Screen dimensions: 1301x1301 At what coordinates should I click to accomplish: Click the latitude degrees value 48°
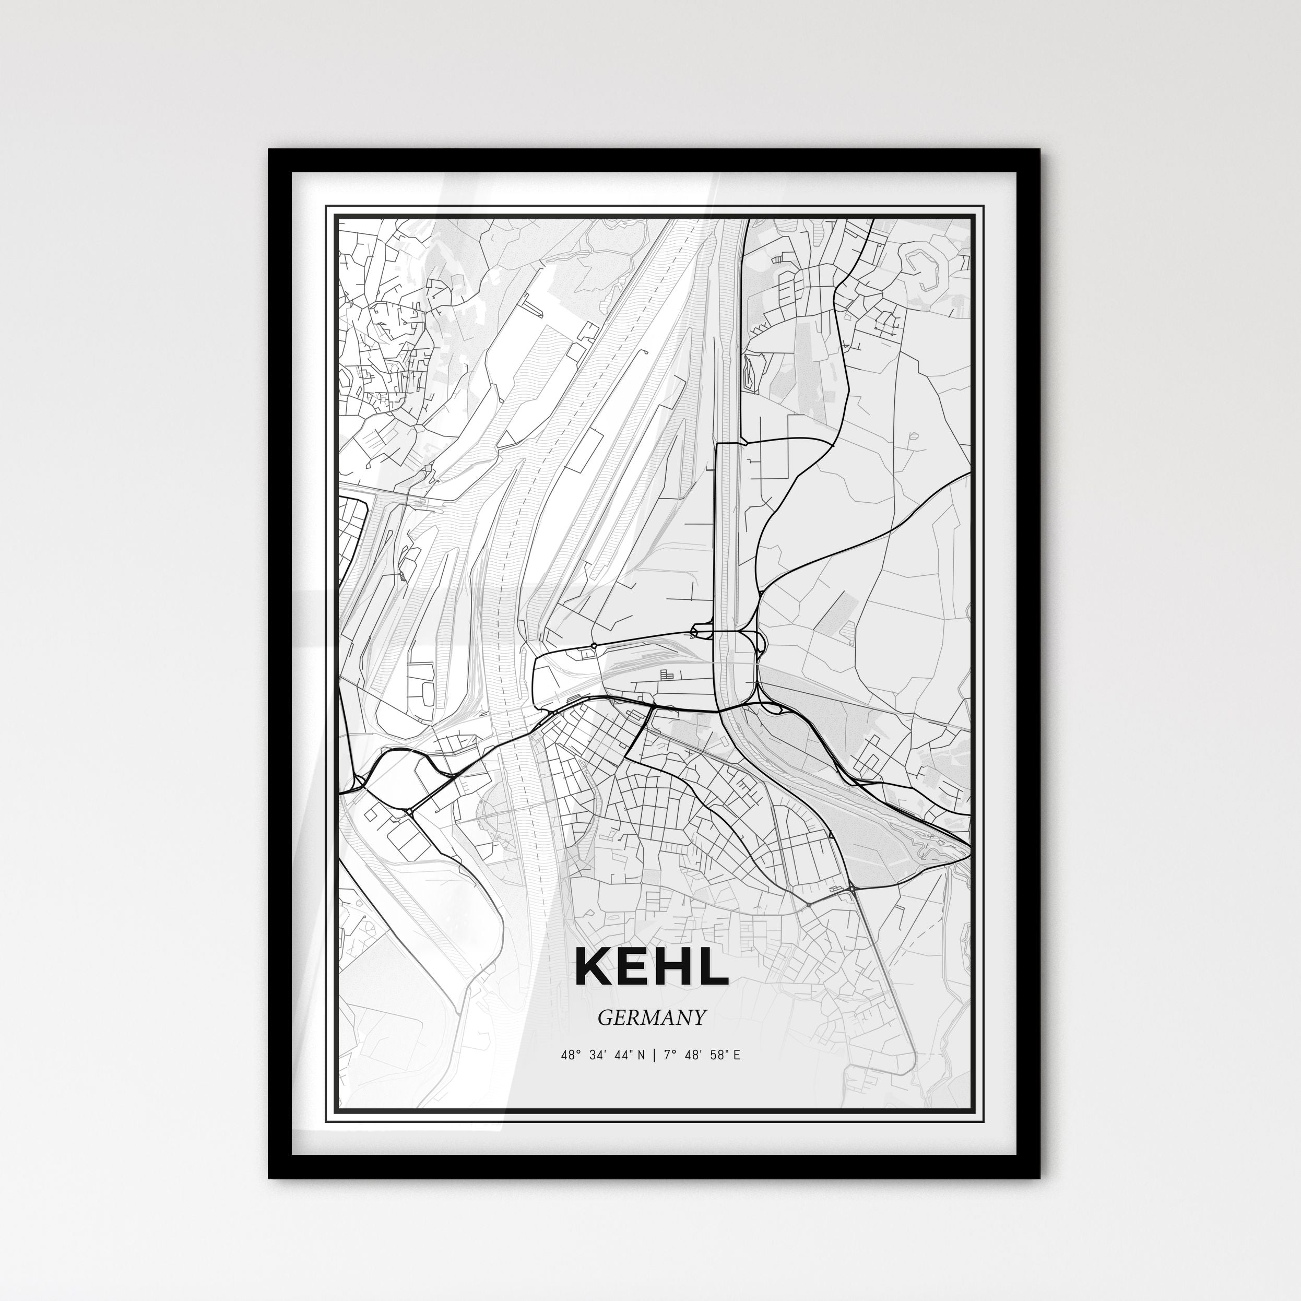tap(569, 1055)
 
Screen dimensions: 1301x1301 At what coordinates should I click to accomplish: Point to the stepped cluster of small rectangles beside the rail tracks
tap(667, 673)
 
